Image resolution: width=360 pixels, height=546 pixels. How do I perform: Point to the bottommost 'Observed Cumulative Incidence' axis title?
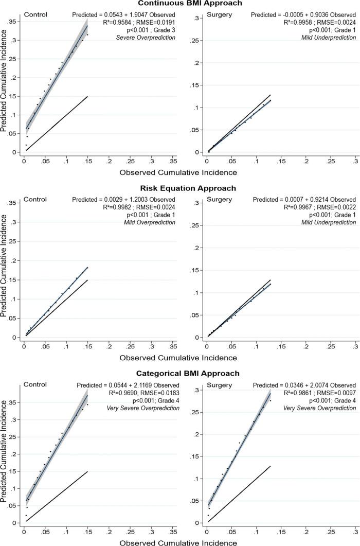point(178,542)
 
